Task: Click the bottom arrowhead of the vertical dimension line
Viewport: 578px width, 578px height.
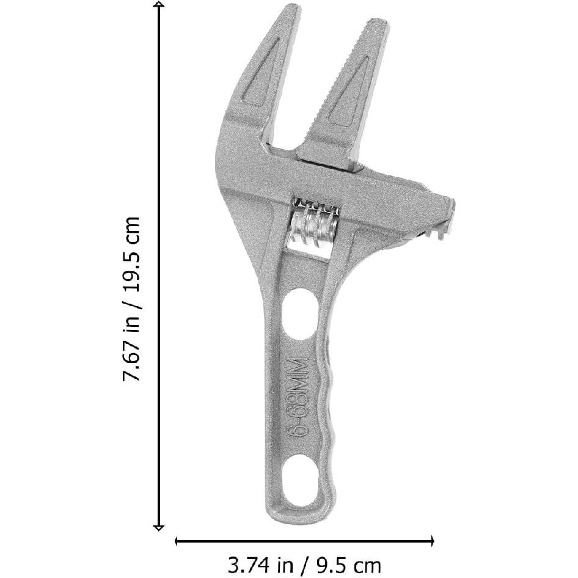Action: [159, 527]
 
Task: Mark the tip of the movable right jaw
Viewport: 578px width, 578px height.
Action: [374, 24]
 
